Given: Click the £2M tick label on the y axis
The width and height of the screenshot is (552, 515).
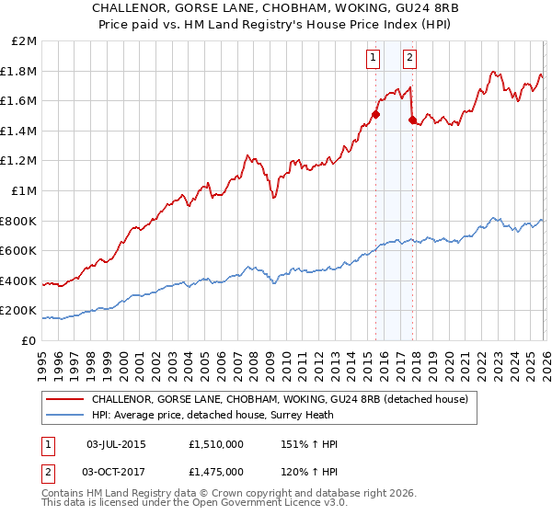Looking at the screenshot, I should (x=24, y=41).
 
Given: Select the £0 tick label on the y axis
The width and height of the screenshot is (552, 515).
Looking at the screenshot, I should (x=29, y=340).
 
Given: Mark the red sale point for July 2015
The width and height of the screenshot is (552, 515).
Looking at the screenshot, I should (x=375, y=115).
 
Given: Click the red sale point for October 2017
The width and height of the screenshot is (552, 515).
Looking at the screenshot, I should (x=412, y=120).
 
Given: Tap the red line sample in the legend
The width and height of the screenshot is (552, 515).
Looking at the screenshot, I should (x=65, y=399).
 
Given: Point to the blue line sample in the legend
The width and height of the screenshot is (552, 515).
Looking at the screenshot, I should (x=65, y=415).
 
